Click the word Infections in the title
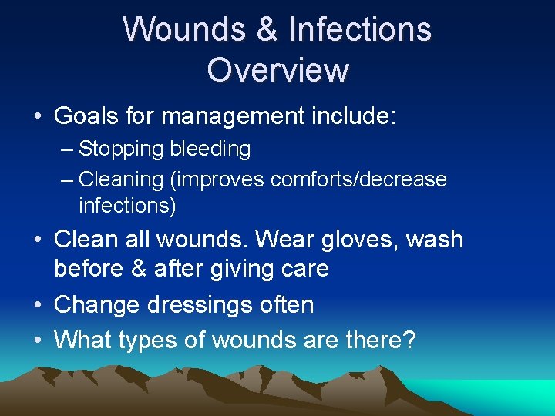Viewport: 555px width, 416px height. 359,29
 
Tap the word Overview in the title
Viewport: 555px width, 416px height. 277,69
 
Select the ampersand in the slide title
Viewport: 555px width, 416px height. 265,29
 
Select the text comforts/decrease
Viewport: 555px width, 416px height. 358,179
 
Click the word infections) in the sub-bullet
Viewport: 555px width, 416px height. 127,206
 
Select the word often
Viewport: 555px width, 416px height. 284,304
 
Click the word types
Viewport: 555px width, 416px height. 157,339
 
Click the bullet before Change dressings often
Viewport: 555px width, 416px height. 38,305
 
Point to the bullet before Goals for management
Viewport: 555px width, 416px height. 38,117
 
